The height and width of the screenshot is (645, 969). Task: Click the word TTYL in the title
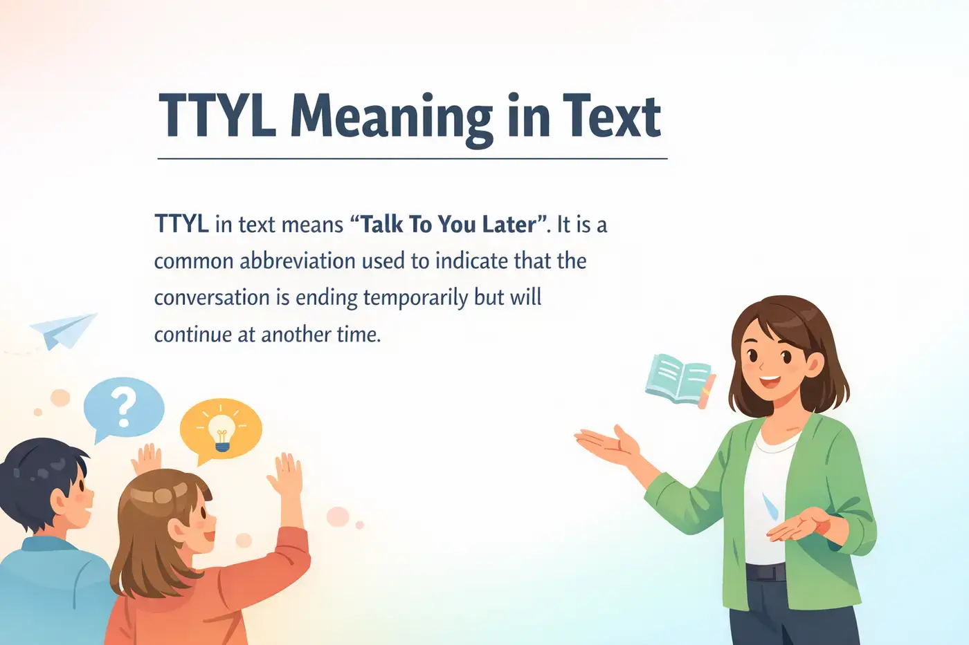(x=217, y=116)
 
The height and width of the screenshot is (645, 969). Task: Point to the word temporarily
(x=415, y=298)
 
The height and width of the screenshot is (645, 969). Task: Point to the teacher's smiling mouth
(x=769, y=381)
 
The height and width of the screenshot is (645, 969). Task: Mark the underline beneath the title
(x=412, y=158)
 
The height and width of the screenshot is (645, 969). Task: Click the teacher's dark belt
(x=765, y=572)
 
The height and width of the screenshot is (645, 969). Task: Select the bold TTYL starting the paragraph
(x=181, y=225)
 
